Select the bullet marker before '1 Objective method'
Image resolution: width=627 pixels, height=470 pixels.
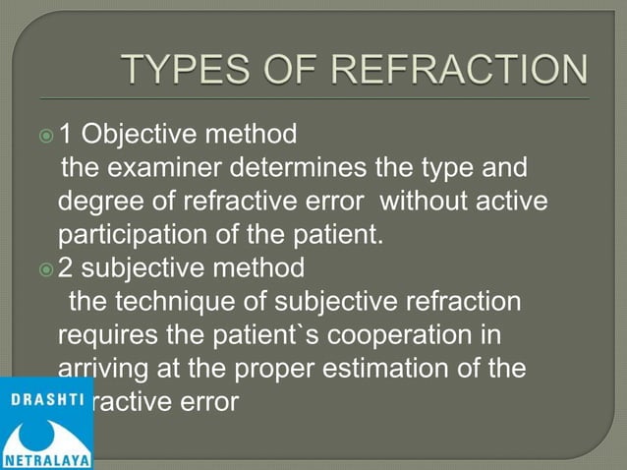point(44,131)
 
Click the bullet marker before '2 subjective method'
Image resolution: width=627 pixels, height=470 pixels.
point(44,267)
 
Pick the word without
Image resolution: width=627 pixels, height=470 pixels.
point(429,203)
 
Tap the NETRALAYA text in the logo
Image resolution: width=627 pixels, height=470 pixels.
point(46,460)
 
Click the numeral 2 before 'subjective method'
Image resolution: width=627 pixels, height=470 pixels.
point(67,267)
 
